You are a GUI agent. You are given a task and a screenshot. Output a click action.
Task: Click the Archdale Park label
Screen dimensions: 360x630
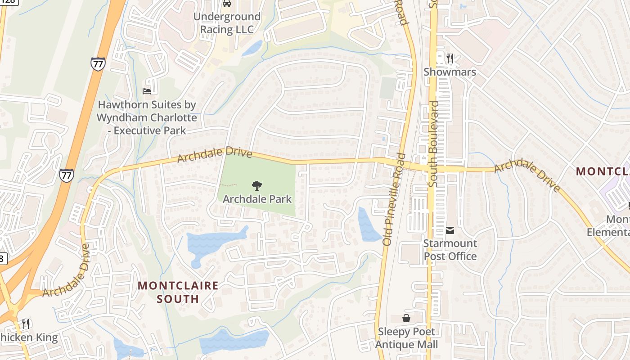(257, 199)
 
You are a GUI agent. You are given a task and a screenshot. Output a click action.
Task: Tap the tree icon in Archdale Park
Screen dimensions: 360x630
(257, 185)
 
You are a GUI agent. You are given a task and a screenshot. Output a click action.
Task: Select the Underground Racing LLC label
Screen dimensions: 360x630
(227, 23)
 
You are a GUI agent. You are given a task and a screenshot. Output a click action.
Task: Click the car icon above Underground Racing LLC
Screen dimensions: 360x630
(227, 4)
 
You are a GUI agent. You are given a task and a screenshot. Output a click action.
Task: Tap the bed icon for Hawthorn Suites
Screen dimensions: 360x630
(147, 91)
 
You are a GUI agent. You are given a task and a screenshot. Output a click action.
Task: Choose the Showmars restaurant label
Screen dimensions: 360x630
(450, 72)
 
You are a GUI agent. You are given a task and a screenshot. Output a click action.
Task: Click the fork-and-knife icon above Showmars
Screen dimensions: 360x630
(450, 58)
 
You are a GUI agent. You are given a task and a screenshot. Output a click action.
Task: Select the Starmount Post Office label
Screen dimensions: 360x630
(450, 250)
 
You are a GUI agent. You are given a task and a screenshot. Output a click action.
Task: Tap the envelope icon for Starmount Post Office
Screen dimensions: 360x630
(450, 230)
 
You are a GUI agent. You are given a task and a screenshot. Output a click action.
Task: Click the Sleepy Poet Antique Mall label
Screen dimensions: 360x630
(406, 338)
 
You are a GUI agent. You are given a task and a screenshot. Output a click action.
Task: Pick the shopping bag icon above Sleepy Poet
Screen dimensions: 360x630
(406, 318)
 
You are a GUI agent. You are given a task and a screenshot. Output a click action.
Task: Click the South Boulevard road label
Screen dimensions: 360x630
(434, 144)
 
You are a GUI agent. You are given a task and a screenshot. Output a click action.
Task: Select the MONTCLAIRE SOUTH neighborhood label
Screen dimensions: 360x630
(178, 292)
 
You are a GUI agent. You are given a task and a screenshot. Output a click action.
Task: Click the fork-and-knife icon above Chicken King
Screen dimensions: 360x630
(26, 324)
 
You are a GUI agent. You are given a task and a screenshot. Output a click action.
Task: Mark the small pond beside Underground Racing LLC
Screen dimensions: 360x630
(253, 48)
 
